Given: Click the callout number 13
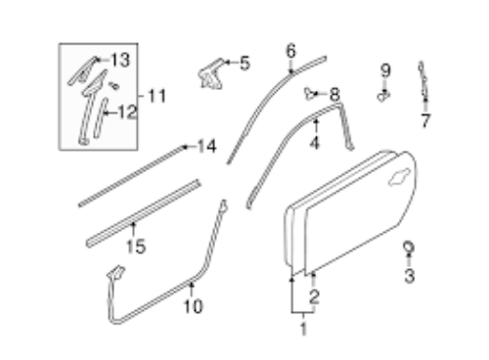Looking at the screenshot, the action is click(x=120, y=60).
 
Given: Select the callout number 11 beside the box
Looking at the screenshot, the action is click(x=157, y=96).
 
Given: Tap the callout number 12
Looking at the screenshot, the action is click(x=127, y=112).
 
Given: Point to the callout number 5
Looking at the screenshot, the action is click(x=244, y=63).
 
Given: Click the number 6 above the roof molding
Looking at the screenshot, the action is click(x=290, y=51).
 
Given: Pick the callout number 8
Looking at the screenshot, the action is click(x=334, y=95).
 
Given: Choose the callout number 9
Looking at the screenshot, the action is click(x=385, y=70).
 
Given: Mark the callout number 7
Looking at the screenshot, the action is click(x=425, y=120).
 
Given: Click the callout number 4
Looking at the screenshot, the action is click(x=314, y=143).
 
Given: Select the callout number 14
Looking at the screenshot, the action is click(x=207, y=147).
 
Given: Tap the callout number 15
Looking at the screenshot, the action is click(x=136, y=247).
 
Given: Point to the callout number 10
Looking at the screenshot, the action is click(x=194, y=306).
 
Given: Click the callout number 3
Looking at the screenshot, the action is click(x=410, y=276).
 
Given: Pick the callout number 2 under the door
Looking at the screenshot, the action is click(x=314, y=297).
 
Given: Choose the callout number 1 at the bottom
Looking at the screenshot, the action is click(x=303, y=329).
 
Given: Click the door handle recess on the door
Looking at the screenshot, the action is click(x=399, y=176).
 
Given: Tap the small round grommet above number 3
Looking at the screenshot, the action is click(x=409, y=247).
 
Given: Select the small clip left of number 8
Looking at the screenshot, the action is click(x=310, y=93).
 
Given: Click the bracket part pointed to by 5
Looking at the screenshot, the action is click(x=211, y=75).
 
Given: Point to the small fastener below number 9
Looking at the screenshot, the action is click(x=383, y=96).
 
